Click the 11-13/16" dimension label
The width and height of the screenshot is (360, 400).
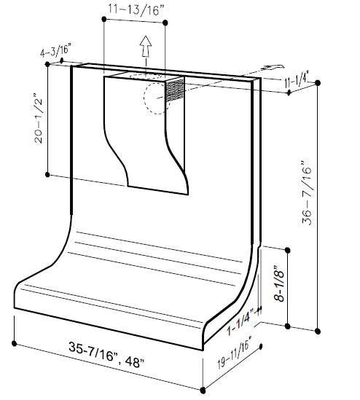[136, 9]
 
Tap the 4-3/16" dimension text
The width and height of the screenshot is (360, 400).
[55, 50]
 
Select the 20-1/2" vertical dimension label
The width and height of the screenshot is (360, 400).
[39, 119]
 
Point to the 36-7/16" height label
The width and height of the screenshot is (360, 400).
[307, 193]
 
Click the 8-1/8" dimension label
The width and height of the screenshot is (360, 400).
[279, 283]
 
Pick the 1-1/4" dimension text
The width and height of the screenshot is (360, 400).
[240, 322]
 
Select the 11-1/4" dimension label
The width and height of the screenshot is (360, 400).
[297, 81]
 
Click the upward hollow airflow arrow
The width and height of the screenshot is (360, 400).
[146, 46]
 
